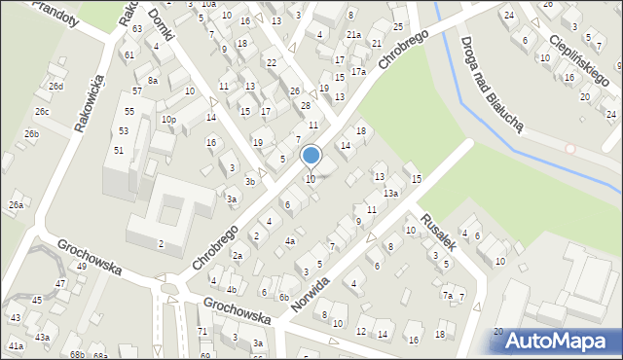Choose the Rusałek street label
point(438,231)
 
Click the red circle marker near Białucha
point(571,152)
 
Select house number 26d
point(57,87)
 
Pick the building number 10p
point(168,120)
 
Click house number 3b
point(250,182)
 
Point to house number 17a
point(358,72)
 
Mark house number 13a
point(390,194)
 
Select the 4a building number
point(289,240)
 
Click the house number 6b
point(284,298)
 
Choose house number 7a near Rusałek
point(448,295)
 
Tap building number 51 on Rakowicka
point(119,150)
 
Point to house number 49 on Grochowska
point(82,266)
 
